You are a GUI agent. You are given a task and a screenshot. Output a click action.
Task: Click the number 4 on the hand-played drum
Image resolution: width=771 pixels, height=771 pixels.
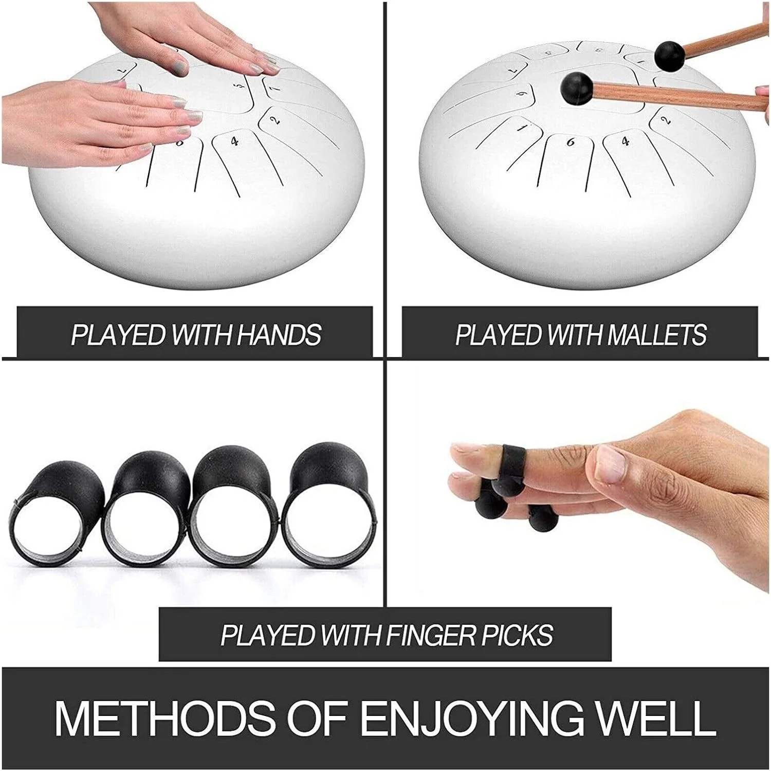(235, 141)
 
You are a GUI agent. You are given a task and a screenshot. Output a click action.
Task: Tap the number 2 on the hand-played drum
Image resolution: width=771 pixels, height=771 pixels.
(276, 120)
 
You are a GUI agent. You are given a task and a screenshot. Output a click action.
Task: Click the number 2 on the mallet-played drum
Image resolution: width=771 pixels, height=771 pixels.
(666, 120)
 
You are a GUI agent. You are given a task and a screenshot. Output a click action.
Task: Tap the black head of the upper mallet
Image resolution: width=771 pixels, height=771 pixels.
(669, 55)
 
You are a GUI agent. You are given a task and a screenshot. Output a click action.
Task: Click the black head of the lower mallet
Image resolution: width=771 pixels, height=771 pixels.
(576, 88)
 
